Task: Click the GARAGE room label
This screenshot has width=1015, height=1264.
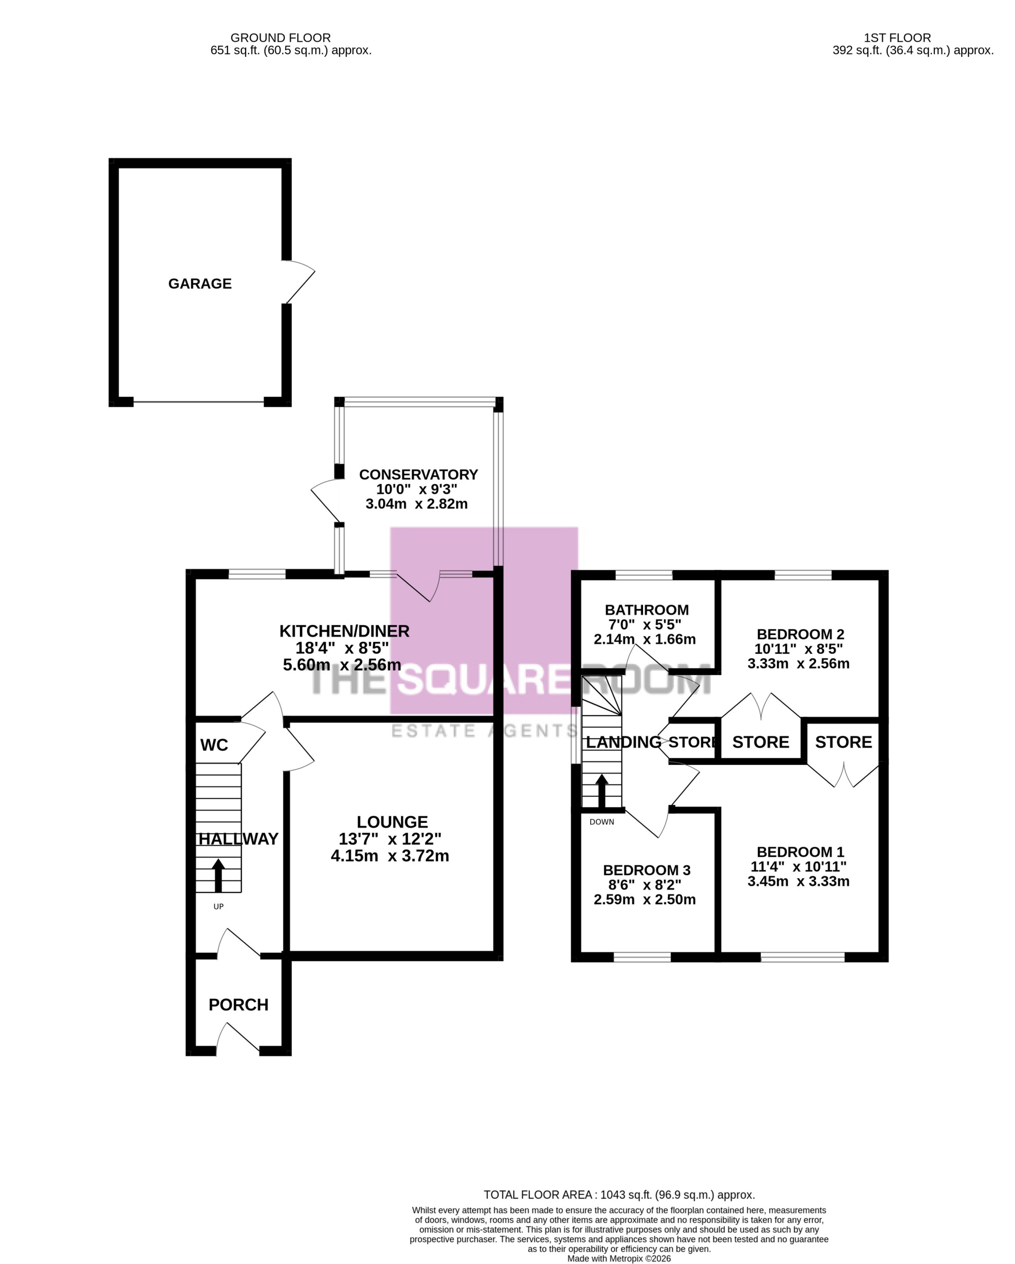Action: (x=200, y=284)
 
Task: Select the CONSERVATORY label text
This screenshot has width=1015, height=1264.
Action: (x=418, y=474)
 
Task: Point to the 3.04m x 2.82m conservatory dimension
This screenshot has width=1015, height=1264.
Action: (x=417, y=504)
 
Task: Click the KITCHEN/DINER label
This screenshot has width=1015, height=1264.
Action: (x=344, y=631)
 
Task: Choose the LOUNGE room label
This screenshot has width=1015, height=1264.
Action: (x=392, y=821)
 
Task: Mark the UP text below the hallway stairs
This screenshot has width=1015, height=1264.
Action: (x=219, y=907)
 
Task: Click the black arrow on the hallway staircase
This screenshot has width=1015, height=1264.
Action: (x=218, y=875)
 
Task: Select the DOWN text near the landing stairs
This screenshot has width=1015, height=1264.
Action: (x=602, y=822)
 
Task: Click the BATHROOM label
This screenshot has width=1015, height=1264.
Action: (x=647, y=610)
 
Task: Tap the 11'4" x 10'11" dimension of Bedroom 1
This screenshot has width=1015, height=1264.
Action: (x=799, y=867)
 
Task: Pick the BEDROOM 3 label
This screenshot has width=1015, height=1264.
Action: (x=647, y=870)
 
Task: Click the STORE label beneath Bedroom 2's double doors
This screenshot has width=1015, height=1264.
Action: (x=761, y=742)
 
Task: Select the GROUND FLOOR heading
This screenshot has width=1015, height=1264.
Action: (x=281, y=38)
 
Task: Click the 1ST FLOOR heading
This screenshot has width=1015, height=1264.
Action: (x=897, y=38)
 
